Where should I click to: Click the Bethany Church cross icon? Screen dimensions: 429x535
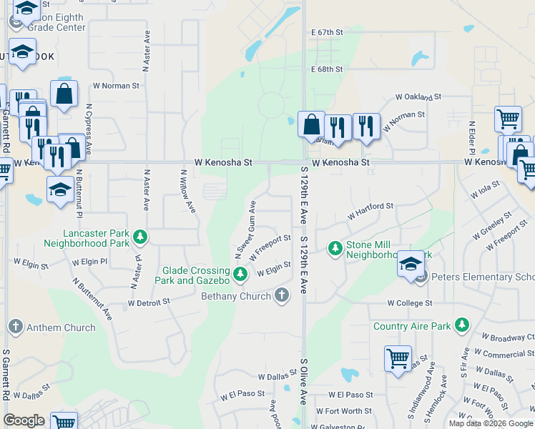[x=282, y=295]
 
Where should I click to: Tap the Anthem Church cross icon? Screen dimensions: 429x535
[x=15, y=327]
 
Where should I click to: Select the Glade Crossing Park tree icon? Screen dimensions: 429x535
[x=241, y=273]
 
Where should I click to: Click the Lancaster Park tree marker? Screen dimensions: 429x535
[x=141, y=236]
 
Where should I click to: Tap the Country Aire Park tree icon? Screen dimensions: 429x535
[x=462, y=326]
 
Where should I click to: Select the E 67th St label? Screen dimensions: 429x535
[x=328, y=33]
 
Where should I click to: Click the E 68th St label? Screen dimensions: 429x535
[x=328, y=69]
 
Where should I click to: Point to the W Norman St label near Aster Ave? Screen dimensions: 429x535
[x=116, y=86]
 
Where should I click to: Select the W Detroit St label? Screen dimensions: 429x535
[x=149, y=302]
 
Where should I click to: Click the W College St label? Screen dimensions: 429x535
[x=410, y=303]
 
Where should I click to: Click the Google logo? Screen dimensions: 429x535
[x=24, y=420]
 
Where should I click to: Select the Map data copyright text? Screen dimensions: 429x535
[x=490, y=423]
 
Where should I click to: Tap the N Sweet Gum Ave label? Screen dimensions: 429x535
[x=244, y=231]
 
